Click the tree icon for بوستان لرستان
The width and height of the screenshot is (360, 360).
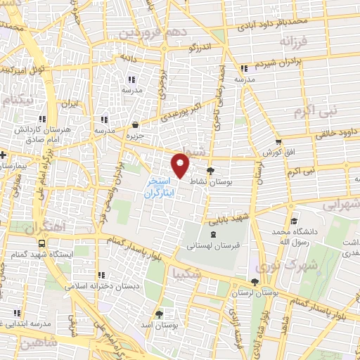point(254,282)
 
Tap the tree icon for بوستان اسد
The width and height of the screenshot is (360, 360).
point(158,314)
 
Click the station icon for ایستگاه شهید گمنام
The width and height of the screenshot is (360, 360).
point(42,244)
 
